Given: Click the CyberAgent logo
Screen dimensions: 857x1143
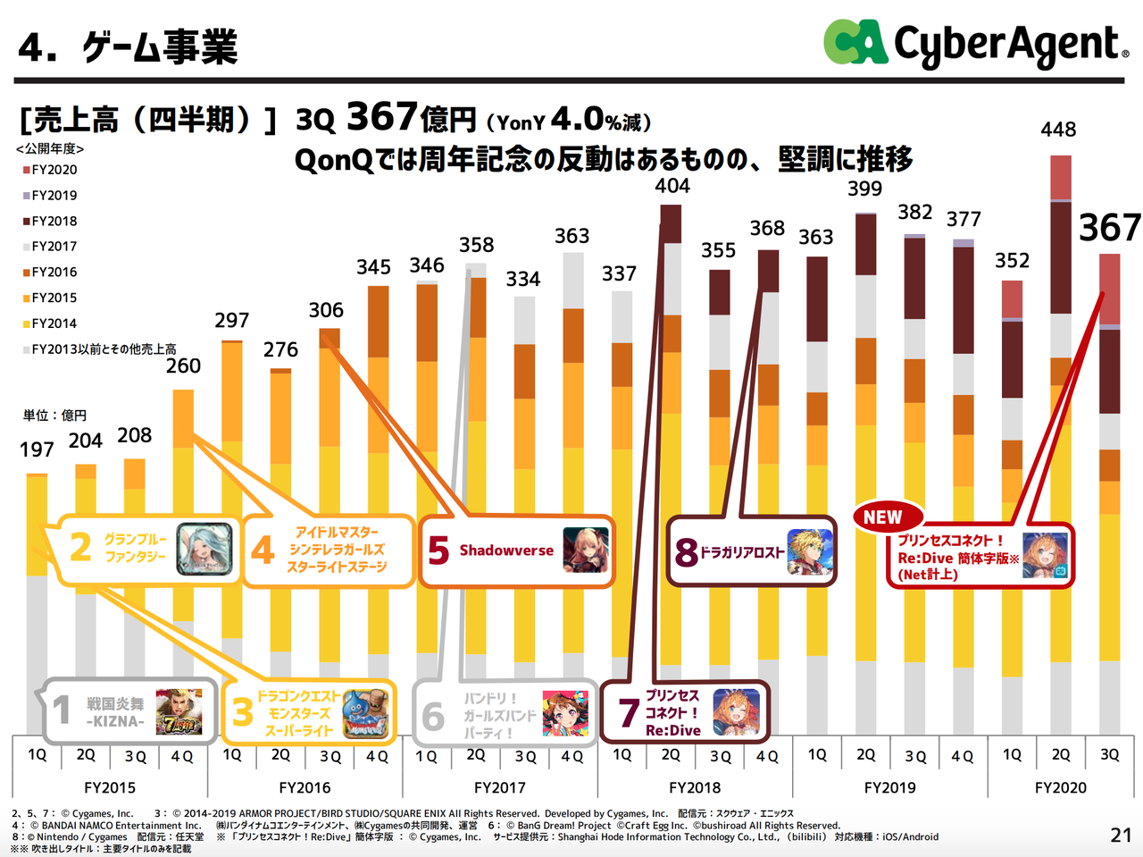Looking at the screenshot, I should pyautogui.click(x=975, y=44).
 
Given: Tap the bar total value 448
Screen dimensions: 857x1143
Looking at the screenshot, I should pyautogui.click(x=1058, y=130).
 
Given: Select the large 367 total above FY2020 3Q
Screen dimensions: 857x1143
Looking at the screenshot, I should pyautogui.click(x=1109, y=228).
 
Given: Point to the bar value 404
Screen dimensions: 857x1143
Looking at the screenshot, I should pyautogui.click(x=672, y=186).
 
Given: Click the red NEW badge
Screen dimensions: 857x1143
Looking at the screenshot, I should pyautogui.click(x=882, y=517).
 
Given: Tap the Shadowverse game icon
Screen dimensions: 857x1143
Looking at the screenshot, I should pyautogui.click(x=586, y=550).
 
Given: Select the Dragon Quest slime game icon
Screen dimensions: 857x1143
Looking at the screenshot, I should pyautogui.click(x=367, y=712).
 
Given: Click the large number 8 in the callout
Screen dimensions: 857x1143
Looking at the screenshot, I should pyautogui.click(x=686, y=551).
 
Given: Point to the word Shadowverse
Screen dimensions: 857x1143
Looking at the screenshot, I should pyautogui.click(x=506, y=550).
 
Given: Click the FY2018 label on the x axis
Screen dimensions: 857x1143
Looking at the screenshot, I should pyautogui.click(x=694, y=787).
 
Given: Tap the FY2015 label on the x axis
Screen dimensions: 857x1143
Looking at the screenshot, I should pyautogui.click(x=110, y=787).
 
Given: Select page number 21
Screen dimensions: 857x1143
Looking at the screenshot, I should pyautogui.click(x=1121, y=835).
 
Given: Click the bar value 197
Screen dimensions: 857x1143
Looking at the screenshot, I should pyautogui.click(x=37, y=450).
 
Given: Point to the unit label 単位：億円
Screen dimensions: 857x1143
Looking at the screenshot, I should pyautogui.click(x=54, y=416).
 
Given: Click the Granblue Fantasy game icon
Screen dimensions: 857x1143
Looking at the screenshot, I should pyautogui.click(x=204, y=549).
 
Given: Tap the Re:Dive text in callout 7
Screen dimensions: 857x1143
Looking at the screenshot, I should pyautogui.click(x=672, y=730).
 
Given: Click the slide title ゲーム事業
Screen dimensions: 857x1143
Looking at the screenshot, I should pyautogui.click(x=160, y=47).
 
